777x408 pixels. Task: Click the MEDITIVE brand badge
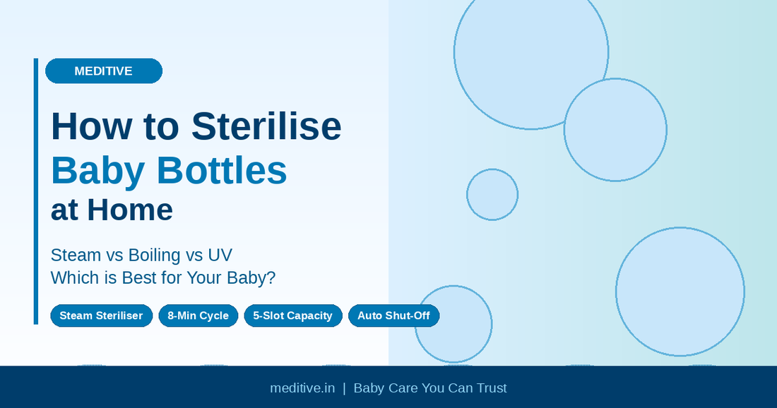[x=103, y=71]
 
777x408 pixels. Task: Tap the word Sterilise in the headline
[x=266, y=126]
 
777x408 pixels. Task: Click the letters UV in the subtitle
[x=220, y=255]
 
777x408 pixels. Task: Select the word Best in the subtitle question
[x=140, y=278]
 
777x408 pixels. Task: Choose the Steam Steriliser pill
[x=101, y=316]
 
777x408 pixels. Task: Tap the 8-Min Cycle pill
[x=198, y=316]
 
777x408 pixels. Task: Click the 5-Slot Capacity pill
[x=292, y=316]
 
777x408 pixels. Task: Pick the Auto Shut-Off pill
[x=393, y=316]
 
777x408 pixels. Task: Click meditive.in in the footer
[x=302, y=388]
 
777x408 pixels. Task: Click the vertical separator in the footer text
[x=344, y=388]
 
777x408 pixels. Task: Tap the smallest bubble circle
[x=492, y=194]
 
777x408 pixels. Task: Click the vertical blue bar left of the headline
[x=35, y=191]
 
